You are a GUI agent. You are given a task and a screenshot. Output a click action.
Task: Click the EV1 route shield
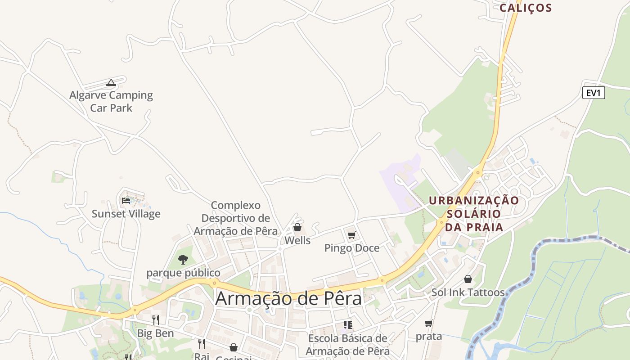(x=594, y=93)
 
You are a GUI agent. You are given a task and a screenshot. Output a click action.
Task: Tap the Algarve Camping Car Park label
(x=111, y=101)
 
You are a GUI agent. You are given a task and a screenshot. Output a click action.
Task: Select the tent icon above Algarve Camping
(x=111, y=82)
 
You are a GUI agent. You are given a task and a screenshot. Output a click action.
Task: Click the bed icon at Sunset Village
(x=126, y=201)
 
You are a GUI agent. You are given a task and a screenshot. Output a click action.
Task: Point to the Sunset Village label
(x=126, y=214)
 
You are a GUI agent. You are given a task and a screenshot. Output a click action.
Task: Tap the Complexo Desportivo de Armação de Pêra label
(x=236, y=218)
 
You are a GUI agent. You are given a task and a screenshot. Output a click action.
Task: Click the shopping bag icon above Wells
(x=297, y=228)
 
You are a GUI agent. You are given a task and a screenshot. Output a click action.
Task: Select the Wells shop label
(x=297, y=241)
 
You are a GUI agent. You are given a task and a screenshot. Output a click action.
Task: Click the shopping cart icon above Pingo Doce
(x=352, y=235)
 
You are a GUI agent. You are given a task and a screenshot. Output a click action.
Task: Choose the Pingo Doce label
(x=352, y=248)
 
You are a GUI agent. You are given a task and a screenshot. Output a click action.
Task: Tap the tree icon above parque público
(x=183, y=260)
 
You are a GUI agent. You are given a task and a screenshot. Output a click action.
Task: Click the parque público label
(x=183, y=273)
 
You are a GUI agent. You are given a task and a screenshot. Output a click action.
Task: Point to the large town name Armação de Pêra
(x=288, y=299)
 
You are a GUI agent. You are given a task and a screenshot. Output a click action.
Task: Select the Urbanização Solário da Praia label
(x=474, y=214)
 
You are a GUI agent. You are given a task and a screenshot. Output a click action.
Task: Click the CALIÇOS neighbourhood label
(x=526, y=8)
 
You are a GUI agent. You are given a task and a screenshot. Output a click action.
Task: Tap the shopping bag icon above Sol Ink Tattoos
(x=468, y=279)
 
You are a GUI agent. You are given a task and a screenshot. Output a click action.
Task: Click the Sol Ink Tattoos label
(x=468, y=292)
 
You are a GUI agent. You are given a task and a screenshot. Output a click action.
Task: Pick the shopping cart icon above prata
(x=429, y=324)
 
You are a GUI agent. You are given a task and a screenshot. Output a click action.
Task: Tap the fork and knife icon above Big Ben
(x=155, y=320)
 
